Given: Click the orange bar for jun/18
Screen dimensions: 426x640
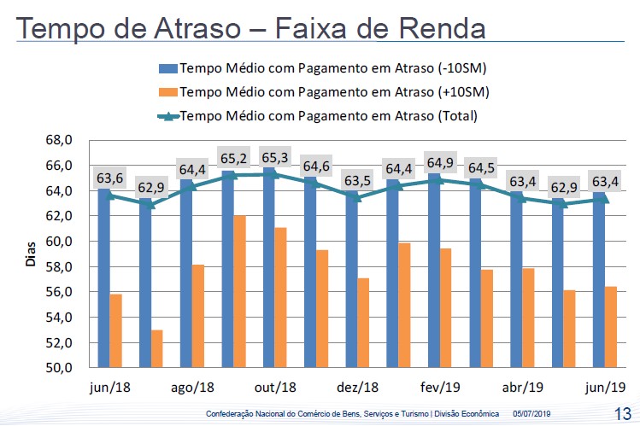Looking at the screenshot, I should pos(115,331).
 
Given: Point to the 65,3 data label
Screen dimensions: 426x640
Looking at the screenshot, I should pos(274,158).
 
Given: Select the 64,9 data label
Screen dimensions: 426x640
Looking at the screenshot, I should pos(441,163).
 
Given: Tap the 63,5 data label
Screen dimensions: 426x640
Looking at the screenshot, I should pos(358,180).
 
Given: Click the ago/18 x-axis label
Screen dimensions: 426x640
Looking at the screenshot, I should pos(191,388).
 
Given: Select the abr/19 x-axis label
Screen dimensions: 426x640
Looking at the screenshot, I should pos(523,388).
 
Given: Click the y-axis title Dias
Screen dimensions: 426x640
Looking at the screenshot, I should pos(31,254).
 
